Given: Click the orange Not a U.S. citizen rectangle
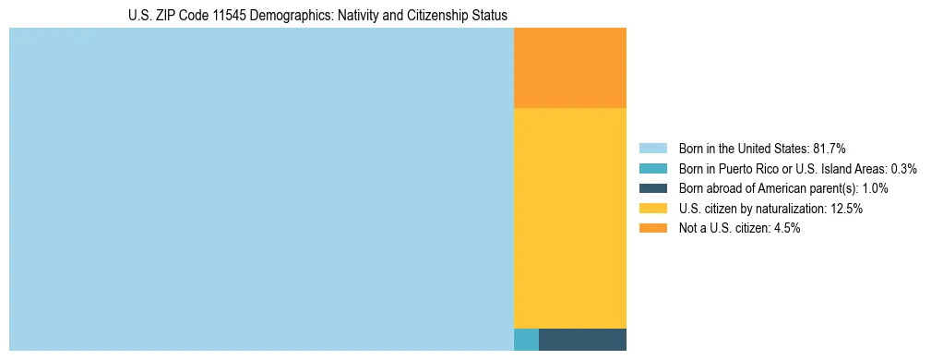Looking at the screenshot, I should point(569,67).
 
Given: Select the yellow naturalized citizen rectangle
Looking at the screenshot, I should point(569,218).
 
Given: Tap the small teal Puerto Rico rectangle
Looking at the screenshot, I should point(526,339).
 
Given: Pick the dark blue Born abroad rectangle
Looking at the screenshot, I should point(582,339).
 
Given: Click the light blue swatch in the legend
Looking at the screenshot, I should point(652,149).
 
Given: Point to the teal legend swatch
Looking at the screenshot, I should point(652,169).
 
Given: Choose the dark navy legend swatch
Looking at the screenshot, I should point(652,188).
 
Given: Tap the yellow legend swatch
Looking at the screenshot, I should point(652,209).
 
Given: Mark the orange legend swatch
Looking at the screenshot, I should point(652,228).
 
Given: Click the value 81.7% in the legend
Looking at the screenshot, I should point(829,149).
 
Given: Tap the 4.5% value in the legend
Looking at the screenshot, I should point(784,228).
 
